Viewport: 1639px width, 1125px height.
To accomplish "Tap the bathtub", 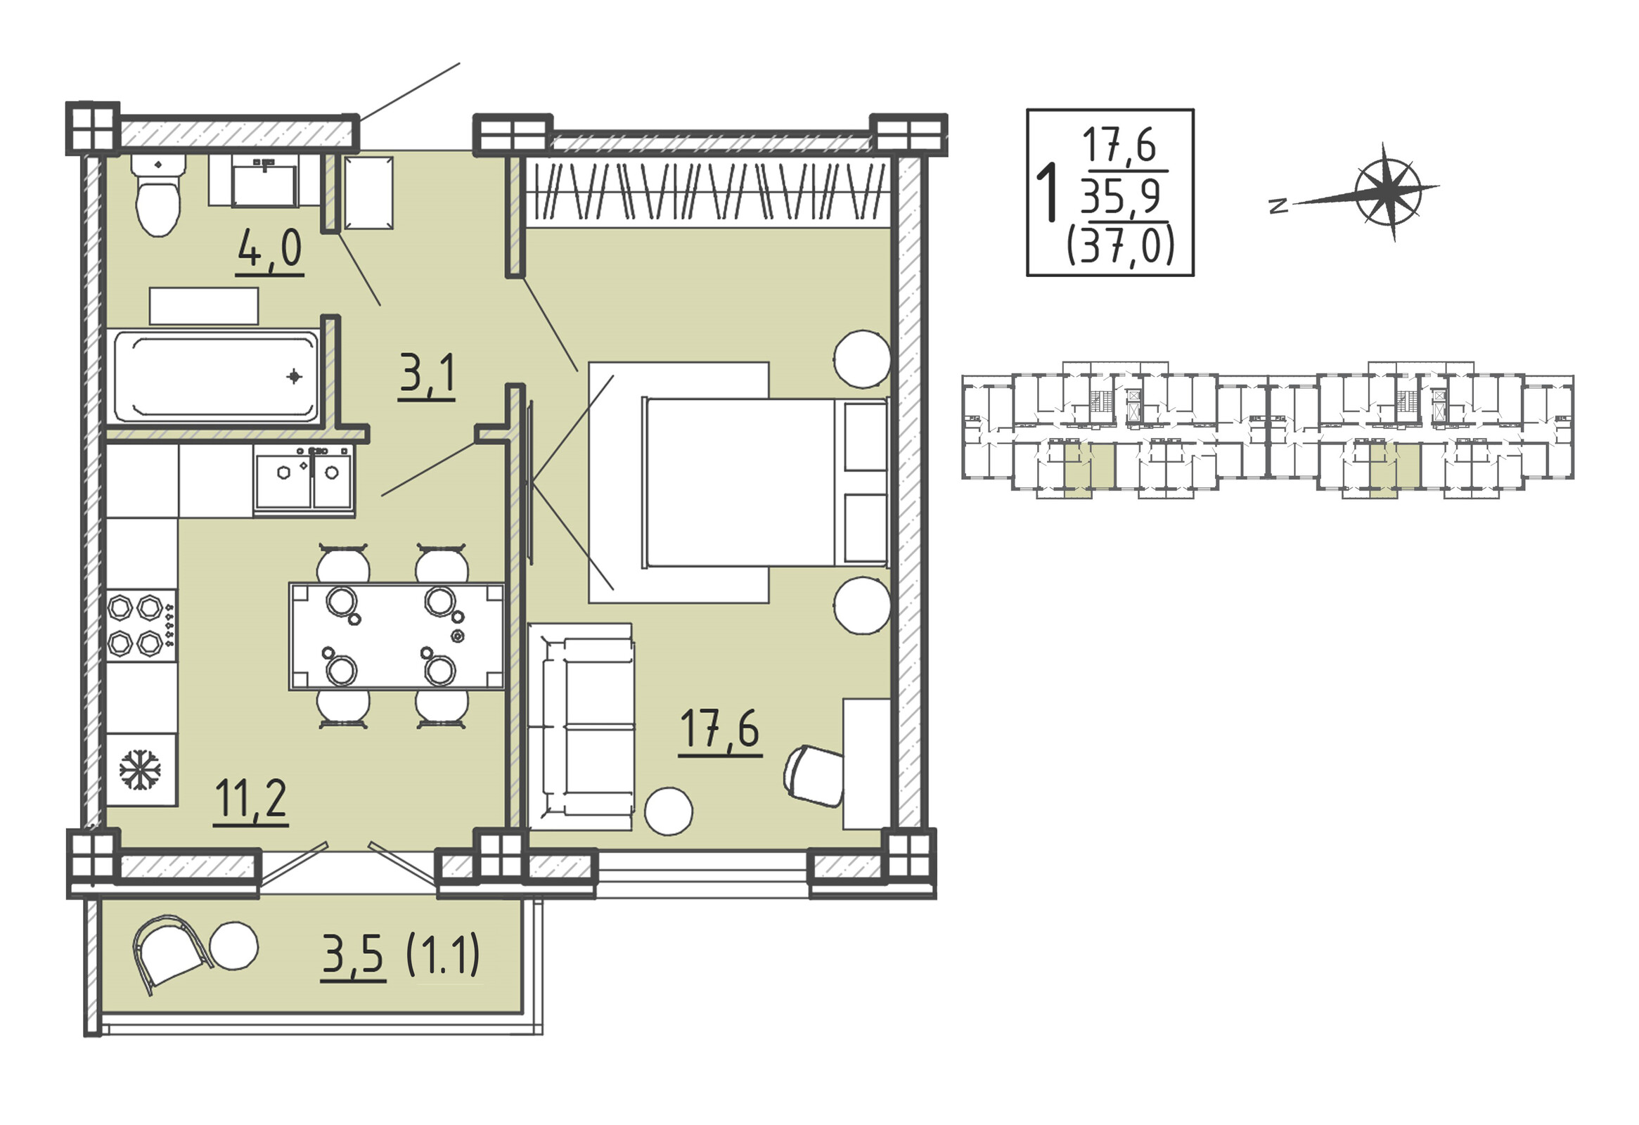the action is click(217, 377).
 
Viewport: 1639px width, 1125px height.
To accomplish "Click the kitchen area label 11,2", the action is click(251, 800).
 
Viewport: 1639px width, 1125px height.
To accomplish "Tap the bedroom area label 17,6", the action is click(720, 731).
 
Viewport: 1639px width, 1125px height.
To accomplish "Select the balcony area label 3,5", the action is click(354, 956).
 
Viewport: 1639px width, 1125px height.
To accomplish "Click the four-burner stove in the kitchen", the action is click(142, 626).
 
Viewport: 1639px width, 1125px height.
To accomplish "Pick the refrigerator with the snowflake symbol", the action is click(141, 769).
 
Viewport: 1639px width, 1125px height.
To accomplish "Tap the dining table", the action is click(397, 636).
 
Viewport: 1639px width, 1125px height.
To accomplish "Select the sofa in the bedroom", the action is click(581, 726).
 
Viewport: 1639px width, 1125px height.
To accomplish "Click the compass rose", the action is click(1387, 191).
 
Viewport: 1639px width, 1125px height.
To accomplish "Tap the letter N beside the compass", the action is click(1278, 206).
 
